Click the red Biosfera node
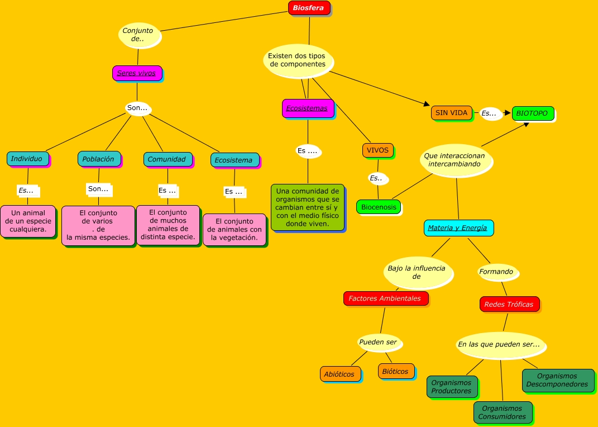coord(309,8)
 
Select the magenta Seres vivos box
coord(137,73)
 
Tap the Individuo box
coord(28,159)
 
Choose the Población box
coord(99,159)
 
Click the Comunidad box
coord(168,159)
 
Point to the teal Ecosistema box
coord(235,160)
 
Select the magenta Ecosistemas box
coord(308,108)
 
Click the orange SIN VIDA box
coord(452,113)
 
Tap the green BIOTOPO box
coord(533,113)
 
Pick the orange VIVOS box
coord(378,150)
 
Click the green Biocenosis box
coord(379,207)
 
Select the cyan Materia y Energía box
coord(459,228)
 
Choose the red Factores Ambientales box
coord(386,298)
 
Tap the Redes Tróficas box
coord(510,304)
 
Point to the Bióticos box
coord(396,371)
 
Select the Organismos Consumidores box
coord(503,412)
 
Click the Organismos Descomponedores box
coord(558,380)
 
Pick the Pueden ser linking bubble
coord(379,342)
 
